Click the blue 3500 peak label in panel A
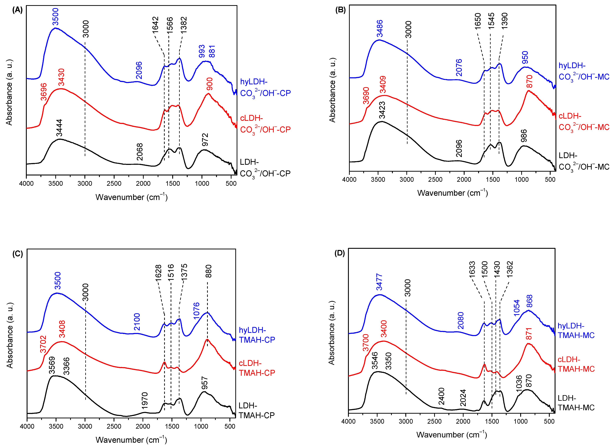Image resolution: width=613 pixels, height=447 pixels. pos(55,17)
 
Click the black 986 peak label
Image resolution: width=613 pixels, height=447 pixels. pos(524,136)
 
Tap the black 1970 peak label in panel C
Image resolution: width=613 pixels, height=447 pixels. pos(145,400)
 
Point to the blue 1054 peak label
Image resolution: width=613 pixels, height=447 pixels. pos(517,308)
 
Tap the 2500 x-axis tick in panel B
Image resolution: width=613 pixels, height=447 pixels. pos(435,179)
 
